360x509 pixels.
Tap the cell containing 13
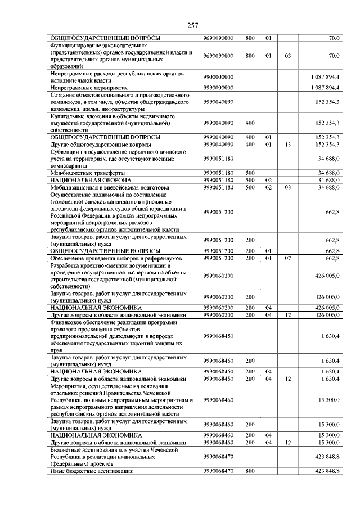pyautogui.click(x=287, y=145)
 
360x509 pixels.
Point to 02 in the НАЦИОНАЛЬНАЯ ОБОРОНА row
pyautogui.click(x=268, y=179)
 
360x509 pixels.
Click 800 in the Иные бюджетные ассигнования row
pyautogui.click(x=249, y=470)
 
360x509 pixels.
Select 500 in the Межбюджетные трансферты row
pyautogui.click(x=249, y=173)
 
